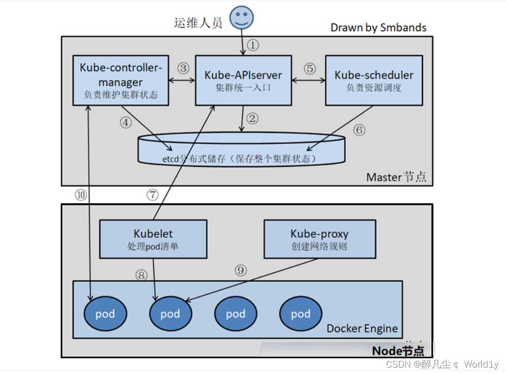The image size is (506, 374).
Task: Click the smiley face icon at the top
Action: (x=241, y=17)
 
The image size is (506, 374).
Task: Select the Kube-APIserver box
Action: (x=243, y=80)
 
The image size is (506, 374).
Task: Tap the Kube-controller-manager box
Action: (x=120, y=80)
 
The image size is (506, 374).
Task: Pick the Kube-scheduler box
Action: (x=374, y=80)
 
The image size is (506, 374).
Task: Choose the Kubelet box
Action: (x=153, y=239)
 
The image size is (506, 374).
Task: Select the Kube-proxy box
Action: (x=319, y=239)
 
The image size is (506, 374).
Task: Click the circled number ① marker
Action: (x=253, y=45)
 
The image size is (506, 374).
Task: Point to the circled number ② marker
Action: (x=253, y=119)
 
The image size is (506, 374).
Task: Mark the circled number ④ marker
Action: (x=126, y=123)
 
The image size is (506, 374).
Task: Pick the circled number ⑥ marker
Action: (x=359, y=130)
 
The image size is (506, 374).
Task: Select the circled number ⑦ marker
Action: (x=153, y=195)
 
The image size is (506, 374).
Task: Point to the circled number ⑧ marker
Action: (x=142, y=275)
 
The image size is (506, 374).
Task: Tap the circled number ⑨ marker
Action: (x=240, y=270)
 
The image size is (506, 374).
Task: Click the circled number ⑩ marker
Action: (x=80, y=195)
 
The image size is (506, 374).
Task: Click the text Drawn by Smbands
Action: (x=378, y=28)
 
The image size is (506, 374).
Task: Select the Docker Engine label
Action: (x=362, y=329)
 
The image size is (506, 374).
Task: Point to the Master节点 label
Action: (x=396, y=177)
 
